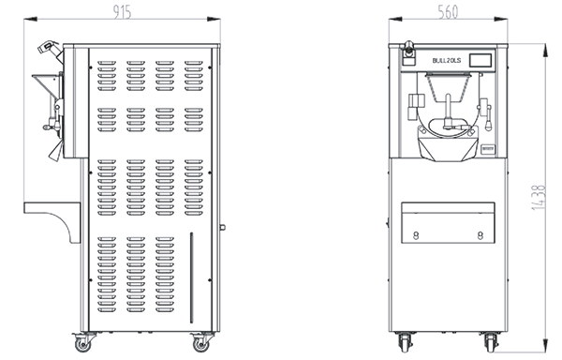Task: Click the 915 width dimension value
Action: coord(123,12)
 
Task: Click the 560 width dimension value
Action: coord(448,12)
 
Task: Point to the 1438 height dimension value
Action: coord(539,197)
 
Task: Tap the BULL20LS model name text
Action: coord(447,61)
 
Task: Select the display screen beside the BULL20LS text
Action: coord(481,60)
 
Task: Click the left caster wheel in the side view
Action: coord(82,343)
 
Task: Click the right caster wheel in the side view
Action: coord(200,343)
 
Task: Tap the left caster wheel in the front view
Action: coord(405,342)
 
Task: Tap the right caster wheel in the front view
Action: coord(491,342)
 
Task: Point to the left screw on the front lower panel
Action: coord(416,235)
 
